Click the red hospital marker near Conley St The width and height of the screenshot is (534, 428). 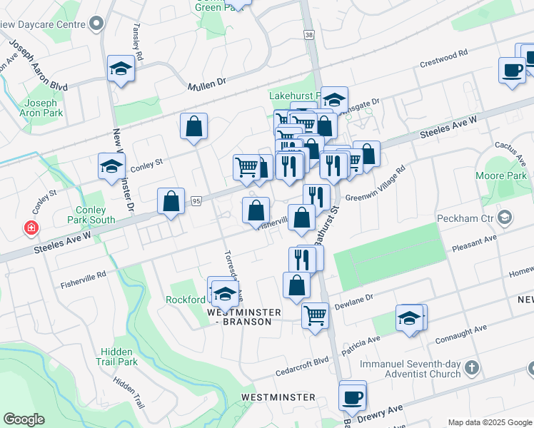tap(31, 229)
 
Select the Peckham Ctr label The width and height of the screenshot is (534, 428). tap(473, 216)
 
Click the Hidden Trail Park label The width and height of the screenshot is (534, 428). tap(119, 357)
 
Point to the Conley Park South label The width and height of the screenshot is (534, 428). tap(91, 215)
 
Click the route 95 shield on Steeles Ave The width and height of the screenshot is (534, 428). tap(196, 202)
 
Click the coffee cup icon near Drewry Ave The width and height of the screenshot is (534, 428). tap(352, 397)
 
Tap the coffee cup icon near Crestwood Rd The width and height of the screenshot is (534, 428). tap(512, 70)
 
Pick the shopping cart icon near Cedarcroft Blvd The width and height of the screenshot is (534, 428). tap(314, 315)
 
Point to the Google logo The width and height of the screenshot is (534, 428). tap(24, 419)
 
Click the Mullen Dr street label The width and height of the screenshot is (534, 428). tap(206, 84)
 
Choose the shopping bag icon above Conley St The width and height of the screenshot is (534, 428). tap(193, 126)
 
